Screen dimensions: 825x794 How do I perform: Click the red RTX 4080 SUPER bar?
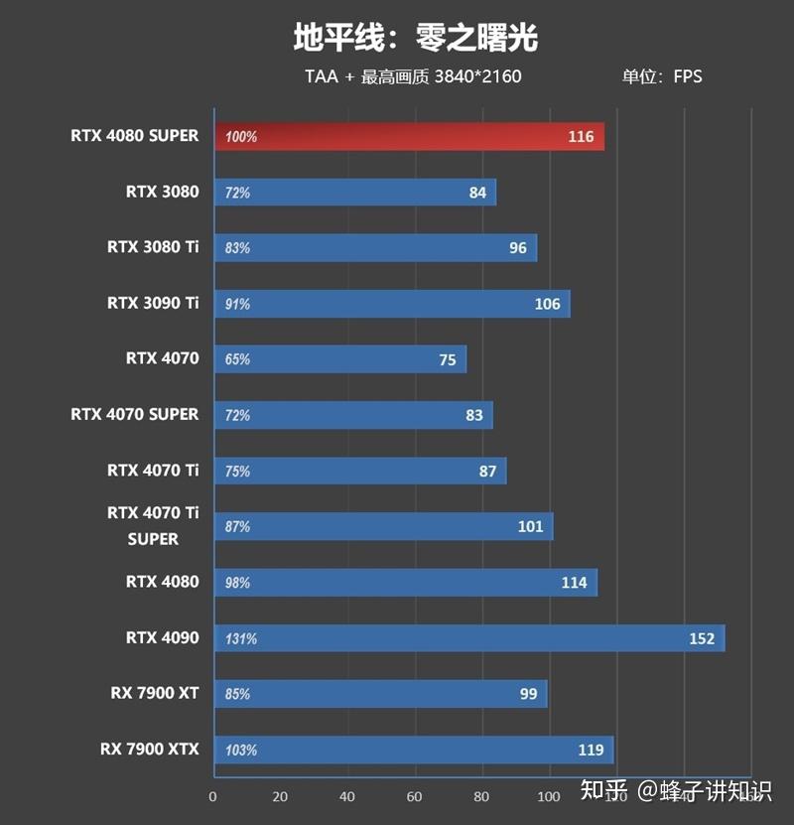tap(409, 137)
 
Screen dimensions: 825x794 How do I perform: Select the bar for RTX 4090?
tap(469, 638)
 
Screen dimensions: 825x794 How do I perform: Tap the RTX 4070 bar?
tap(340, 359)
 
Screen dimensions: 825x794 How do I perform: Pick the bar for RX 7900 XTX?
tap(414, 750)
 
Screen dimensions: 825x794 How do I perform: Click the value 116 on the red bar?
tap(581, 137)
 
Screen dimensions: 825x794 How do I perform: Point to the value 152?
tap(702, 638)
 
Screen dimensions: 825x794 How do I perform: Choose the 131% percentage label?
tap(240, 638)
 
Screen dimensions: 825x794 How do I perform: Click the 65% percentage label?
tap(237, 359)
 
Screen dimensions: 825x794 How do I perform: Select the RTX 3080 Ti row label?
tap(153, 246)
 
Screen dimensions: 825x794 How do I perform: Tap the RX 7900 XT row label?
tap(154, 693)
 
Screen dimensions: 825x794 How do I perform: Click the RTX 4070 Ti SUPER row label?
tap(153, 526)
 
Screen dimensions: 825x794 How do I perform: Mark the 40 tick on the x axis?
tap(347, 796)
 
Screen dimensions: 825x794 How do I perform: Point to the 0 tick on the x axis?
tap(212, 796)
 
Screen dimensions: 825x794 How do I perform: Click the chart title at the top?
tap(415, 37)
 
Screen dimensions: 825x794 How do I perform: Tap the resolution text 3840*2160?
tap(477, 76)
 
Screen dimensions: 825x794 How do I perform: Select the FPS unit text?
tap(688, 76)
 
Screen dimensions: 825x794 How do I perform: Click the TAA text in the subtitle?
tap(322, 76)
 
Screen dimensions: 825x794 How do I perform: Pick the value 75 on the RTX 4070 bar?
tap(448, 359)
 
